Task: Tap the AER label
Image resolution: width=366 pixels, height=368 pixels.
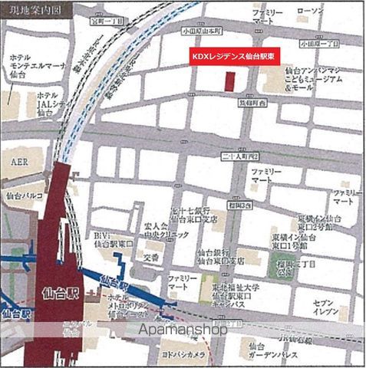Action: tap(18, 163)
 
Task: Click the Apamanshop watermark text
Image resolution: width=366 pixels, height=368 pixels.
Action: tap(182, 330)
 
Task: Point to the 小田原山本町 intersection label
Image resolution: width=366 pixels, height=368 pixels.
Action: tap(201, 31)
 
